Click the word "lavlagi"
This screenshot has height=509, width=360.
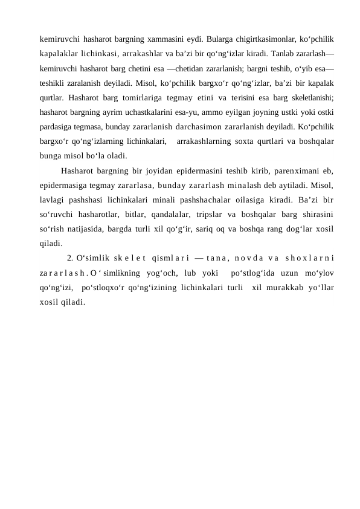[x=48, y=198]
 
